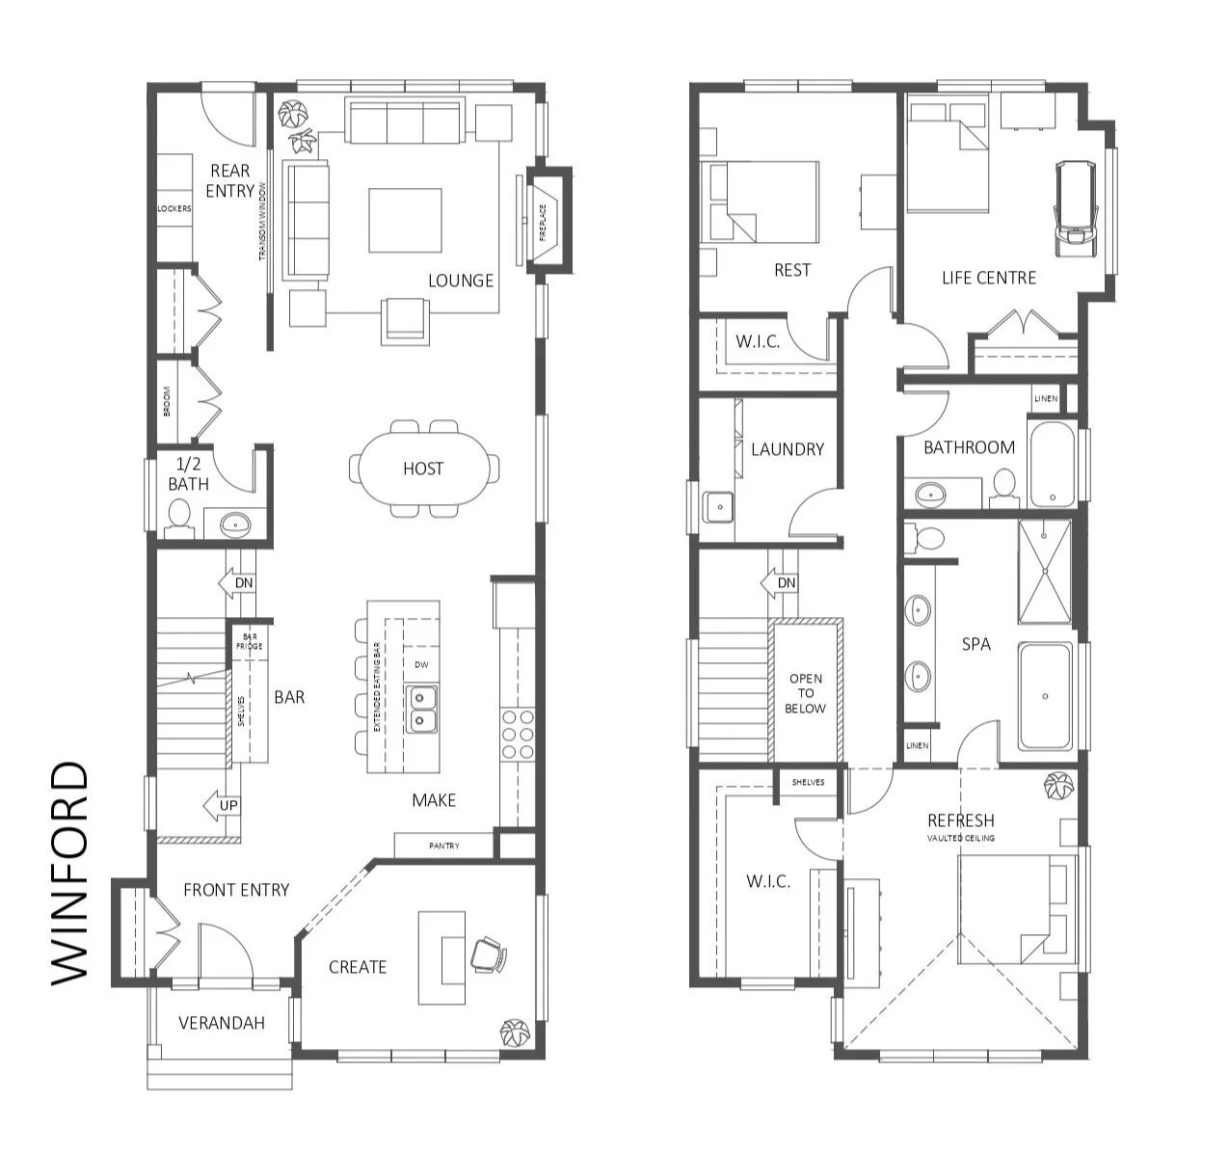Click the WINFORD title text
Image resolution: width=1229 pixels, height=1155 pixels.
pyautogui.click(x=69, y=873)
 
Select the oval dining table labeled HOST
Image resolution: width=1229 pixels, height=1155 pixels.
pyautogui.click(x=423, y=469)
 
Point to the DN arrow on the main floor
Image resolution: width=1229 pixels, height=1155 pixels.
pyautogui.click(x=237, y=583)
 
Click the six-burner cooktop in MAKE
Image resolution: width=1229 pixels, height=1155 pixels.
pyautogui.click(x=518, y=735)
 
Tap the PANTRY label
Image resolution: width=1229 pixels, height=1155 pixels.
pyautogui.click(x=444, y=846)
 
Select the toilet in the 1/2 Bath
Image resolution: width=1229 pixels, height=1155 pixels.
pyautogui.click(x=179, y=523)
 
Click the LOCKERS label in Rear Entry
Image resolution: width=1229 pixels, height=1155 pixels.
pyautogui.click(x=174, y=208)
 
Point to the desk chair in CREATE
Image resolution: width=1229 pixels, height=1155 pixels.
pyautogui.click(x=488, y=954)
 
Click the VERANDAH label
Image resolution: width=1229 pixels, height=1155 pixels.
pyautogui.click(x=222, y=1023)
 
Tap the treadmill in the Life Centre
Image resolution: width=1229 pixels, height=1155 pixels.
pyautogui.click(x=1073, y=207)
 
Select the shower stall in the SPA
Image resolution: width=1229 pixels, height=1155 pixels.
pyautogui.click(x=1045, y=571)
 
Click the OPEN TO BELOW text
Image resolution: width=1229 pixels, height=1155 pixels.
pyautogui.click(x=806, y=693)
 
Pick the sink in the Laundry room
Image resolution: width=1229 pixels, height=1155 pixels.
pyautogui.click(x=717, y=505)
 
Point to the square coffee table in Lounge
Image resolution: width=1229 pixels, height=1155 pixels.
pyautogui.click(x=405, y=220)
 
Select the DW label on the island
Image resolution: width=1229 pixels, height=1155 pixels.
pyautogui.click(x=421, y=664)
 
